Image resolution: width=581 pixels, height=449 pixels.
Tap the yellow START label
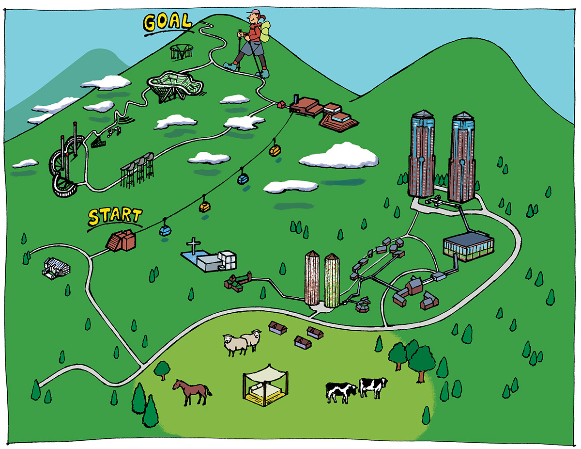[115, 216]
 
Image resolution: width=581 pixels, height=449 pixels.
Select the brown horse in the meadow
[192, 391]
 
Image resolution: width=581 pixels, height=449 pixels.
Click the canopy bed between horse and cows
[265, 385]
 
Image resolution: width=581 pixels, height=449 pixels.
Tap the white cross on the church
[194, 245]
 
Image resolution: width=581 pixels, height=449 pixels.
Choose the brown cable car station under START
[121, 241]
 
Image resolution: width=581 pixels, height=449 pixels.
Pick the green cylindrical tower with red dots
[332, 280]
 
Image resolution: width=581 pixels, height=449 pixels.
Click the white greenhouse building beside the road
[57, 268]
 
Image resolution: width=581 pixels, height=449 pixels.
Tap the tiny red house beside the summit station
[281, 104]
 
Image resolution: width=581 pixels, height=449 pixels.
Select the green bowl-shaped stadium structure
[175, 86]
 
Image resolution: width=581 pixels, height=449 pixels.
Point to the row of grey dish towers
[138, 170]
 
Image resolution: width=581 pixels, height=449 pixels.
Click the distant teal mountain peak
[100, 53]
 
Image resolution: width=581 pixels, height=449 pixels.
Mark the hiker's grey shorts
[251, 48]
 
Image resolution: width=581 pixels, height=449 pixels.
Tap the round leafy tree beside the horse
[162, 369]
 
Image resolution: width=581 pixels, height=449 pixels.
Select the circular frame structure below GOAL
[182, 51]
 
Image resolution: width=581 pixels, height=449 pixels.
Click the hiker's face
[252, 18]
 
